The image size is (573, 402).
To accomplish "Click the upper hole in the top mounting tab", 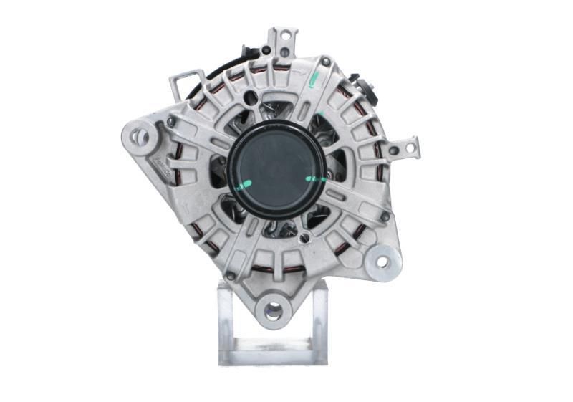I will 284,34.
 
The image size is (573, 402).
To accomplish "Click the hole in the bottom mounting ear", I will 273,310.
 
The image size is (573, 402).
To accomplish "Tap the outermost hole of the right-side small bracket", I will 410,148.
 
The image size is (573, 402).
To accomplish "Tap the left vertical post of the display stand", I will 226,322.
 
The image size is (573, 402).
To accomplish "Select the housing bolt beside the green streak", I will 326,62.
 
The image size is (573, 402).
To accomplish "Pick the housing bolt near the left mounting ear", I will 171,123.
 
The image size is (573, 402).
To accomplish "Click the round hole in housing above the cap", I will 250,98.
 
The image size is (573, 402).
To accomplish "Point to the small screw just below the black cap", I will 306,236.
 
